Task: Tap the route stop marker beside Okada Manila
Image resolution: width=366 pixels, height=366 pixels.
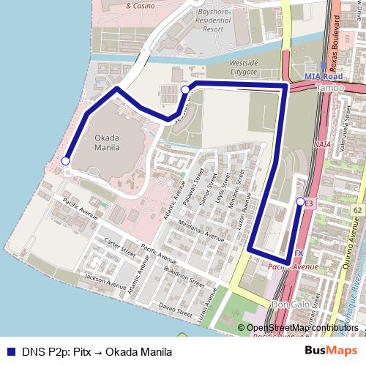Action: pyautogui.click(x=65, y=161)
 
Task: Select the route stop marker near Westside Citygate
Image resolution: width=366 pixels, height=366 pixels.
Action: pyautogui.click(x=185, y=89)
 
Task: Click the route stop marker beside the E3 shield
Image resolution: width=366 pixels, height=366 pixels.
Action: pyautogui.click(x=300, y=201)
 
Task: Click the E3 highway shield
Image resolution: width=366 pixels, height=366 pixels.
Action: pyautogui.click(x=308, y=203)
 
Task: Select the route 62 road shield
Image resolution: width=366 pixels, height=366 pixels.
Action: pyautogui.click(x=356, y=211)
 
